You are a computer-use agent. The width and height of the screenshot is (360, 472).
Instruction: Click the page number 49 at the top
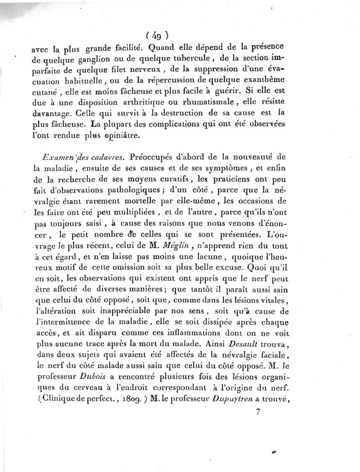coord(157,35)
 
